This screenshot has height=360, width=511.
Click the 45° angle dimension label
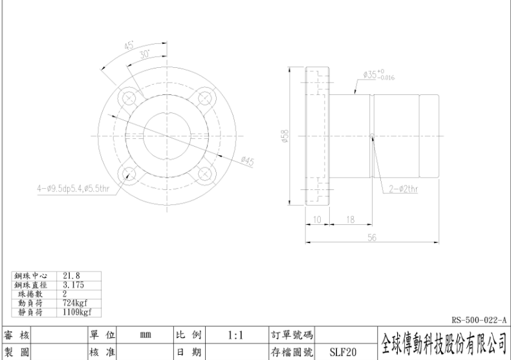[x=129, y=45]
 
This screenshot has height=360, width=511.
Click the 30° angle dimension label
[x=145, y=54]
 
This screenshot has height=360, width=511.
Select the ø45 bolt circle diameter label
[x=248, y=161]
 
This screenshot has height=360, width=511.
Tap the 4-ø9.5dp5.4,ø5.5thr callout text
[x=73, y=189]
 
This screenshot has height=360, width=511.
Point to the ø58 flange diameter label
[x=285, y=136]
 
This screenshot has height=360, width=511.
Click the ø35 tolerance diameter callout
[x=379, y=75]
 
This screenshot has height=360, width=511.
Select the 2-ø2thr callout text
[x=404, y=189]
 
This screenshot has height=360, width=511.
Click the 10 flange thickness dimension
[x=317, y=220]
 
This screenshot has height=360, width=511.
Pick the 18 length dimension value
[x=351, y=220]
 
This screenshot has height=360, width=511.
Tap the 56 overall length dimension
[x=372, y=238]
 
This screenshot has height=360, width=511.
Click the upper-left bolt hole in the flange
[x=129, y=98]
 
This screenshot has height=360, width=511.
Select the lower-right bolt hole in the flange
[x=204, y=174]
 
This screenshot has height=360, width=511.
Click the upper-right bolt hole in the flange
[x=205, y=98]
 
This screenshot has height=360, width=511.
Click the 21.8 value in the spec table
[x=71, y=276]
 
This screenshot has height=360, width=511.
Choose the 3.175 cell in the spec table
[x=73, y=285]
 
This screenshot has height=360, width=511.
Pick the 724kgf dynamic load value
[x=75, y=303]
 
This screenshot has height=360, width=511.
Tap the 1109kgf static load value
[x=77, y=312]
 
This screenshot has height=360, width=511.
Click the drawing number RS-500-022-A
[x=479, y=320]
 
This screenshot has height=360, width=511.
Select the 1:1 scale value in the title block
[x=235, y=335]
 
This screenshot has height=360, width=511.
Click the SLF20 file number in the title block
[x=343, y=352]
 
